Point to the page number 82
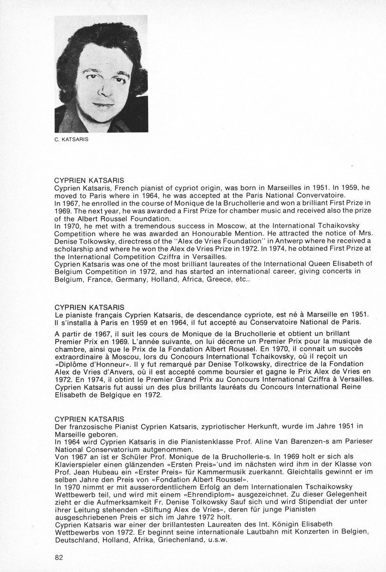[59, 557]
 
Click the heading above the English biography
[90, 181]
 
